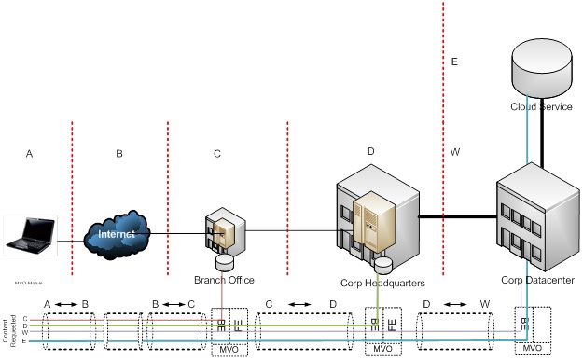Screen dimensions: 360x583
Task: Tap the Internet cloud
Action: point(119,233)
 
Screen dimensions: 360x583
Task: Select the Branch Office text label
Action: point(224,280)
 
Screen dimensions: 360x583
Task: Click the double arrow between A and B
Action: point(65,304)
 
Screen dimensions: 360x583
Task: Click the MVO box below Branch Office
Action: point(229,348)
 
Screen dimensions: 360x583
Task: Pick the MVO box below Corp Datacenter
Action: point(533,348)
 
